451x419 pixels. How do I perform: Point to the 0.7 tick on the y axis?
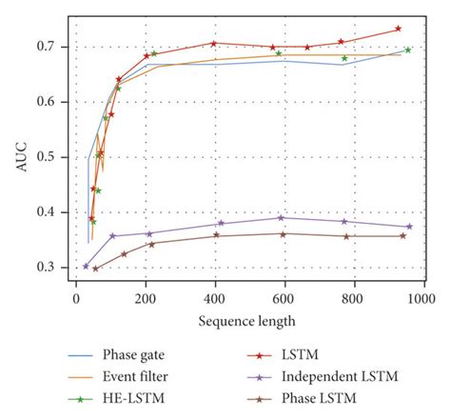click(x=55, y=47)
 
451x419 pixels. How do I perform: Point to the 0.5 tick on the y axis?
click(x=55, y=157)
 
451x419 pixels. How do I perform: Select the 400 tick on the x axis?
click(x=215, y=297)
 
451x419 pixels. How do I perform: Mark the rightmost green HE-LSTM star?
click(x=407, y=50)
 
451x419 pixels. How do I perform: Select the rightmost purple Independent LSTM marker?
click(x=409, y=227)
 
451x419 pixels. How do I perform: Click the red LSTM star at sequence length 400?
click(x=214, y=43)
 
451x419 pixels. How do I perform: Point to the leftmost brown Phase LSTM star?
click(x=95, y=269)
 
